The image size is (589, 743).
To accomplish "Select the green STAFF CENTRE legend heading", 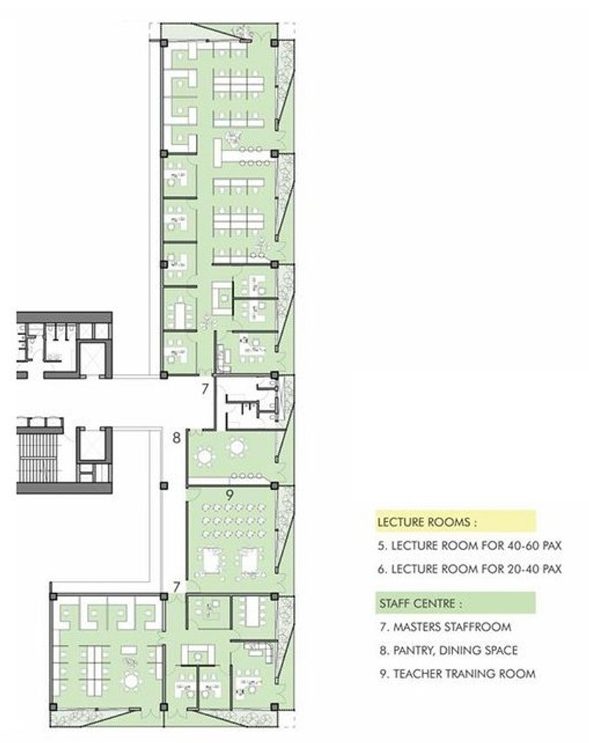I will point(420,603).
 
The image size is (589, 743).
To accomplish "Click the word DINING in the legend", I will point(461,650).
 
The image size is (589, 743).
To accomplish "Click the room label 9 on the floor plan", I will point(230,496).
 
